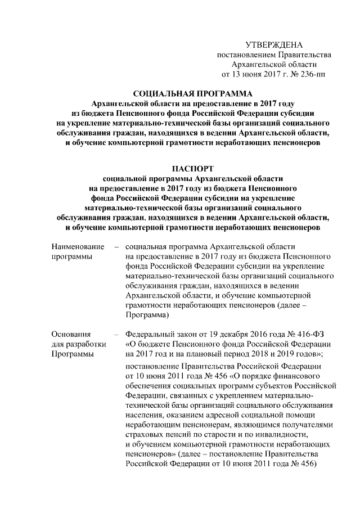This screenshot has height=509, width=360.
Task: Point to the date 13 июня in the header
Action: coord(246,73)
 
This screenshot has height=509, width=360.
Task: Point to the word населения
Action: coord(146,415)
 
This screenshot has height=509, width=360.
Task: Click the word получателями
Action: coord(310,425)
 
